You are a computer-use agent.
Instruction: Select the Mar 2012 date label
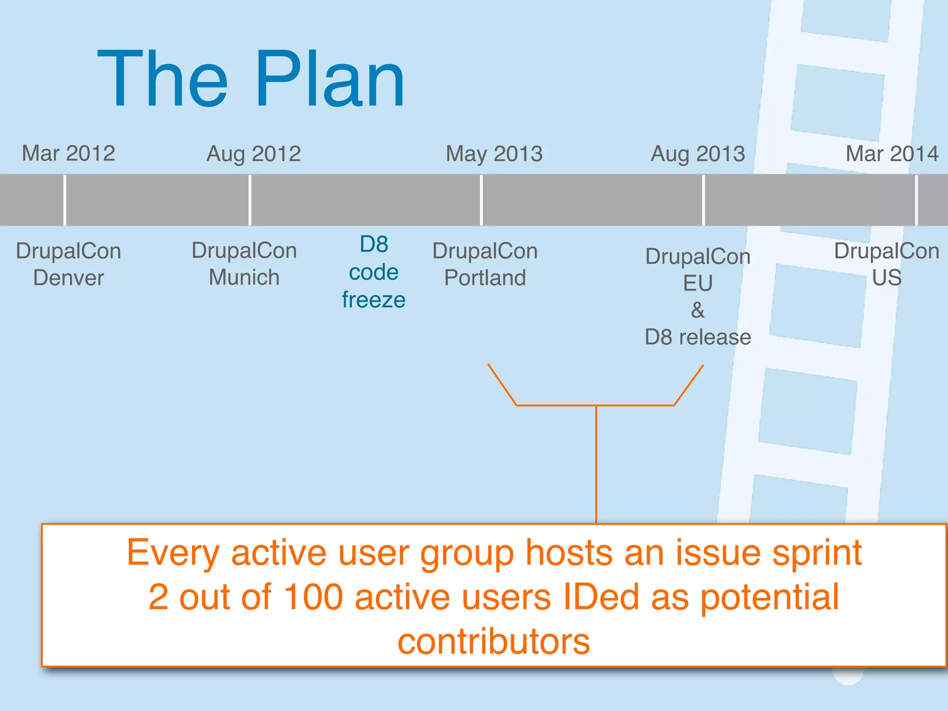click(69, 153)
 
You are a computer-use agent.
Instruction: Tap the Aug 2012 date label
click(254, 154)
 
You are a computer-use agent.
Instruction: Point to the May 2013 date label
click(494, 154)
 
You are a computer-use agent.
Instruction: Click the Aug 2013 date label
click(698, 154)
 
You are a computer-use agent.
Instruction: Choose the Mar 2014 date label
click(892, 154)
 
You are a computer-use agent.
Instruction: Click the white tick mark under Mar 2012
click(65, 200)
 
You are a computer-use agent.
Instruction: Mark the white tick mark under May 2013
click(481, 200)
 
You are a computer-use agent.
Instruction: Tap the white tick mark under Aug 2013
click(704, 200)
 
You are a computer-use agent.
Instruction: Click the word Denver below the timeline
click(69, 278)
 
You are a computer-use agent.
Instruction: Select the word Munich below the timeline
click(244, 277)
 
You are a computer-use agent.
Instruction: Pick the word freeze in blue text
click(374, 300)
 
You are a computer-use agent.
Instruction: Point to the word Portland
click(485, 278)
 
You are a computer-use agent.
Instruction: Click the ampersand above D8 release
click(698, 310)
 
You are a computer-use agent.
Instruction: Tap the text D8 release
click(698, 337)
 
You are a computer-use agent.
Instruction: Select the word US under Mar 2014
click(886, 278)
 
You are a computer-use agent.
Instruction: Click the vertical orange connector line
click(596, 463)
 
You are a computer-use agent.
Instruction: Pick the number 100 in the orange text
click(313, 597)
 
